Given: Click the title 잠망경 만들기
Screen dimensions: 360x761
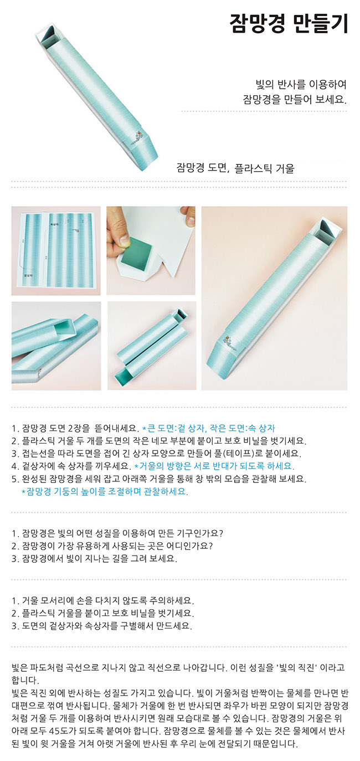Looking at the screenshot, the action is [x=289, y=23].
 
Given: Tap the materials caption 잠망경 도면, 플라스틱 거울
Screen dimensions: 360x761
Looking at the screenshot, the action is [x=235, y=168].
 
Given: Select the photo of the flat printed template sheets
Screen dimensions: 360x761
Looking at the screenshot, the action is [x=56, y=251].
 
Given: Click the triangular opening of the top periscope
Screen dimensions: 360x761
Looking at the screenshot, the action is [x=50, y=35].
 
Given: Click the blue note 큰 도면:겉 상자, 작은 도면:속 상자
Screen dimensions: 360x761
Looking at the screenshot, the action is [x=209, y=428].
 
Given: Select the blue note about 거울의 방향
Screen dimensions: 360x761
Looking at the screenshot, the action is [x=215, y=466].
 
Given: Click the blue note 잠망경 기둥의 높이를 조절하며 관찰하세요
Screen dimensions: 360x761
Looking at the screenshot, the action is [x=105, y=491].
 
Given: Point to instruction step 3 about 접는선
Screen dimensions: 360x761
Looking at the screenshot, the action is [x=157, y=453].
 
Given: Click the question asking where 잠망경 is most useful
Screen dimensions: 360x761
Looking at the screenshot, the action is [x=112, y=546].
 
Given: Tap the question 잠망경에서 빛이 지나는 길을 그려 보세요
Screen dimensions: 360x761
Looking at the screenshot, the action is [x=94, y=558].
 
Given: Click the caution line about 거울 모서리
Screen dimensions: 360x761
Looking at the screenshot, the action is [x=103, y=600].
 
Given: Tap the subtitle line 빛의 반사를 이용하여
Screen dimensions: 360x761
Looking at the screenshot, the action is [x=301, y=84].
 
